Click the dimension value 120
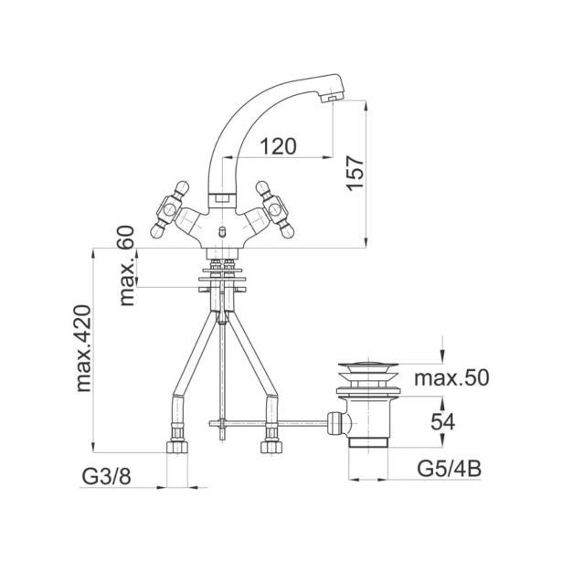[278, 146]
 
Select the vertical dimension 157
[355, 174]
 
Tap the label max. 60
[127, 266]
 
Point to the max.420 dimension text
[84, 348]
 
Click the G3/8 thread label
[106, 477]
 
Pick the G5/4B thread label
[449, 469]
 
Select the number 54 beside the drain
[442, 422]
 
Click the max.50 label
[451, 377]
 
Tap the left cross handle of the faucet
[169, 209]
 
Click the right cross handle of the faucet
[275, 209]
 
